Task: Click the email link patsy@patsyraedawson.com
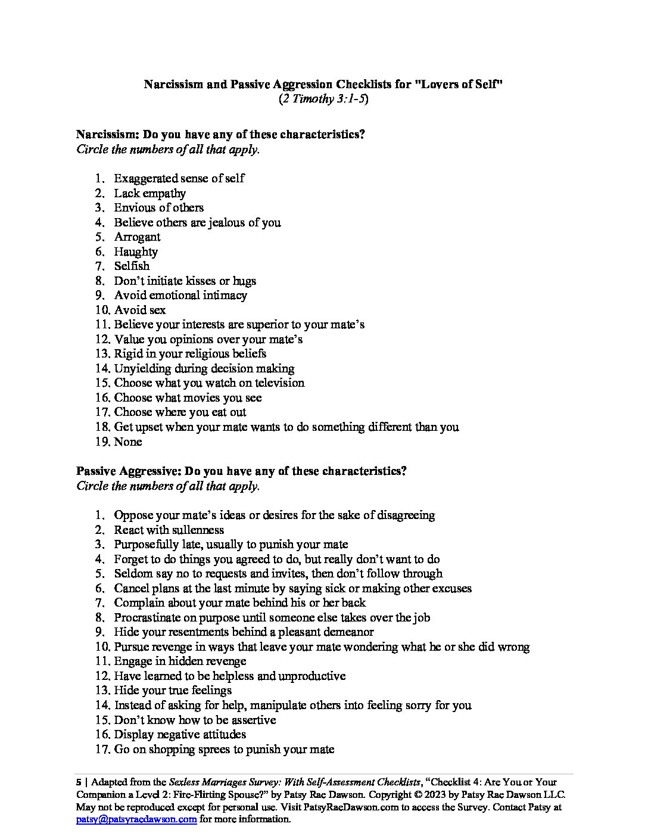[x=136, y=819]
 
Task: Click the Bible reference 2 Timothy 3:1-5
[x=323, y=99]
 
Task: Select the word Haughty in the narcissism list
[x=136, y=251]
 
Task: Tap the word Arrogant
[x=137, y=237]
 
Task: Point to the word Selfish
[x=132, y=266]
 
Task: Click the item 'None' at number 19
[x=128, y=442]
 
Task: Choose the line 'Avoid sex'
[x=140, y=310]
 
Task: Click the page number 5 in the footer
[x=79, y=782]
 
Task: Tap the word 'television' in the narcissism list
[x=275, y=383]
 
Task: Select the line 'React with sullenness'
[x=169, y=530]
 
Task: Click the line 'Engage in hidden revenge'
[x=180, y=661]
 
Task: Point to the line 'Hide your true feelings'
[x=173, y=690]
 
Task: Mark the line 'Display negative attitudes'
[x=180, y=734]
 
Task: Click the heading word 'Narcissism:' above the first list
[x=107, y=134]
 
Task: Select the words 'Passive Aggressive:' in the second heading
[x=128, y=471]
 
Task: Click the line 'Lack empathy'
[x=149, y=193]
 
